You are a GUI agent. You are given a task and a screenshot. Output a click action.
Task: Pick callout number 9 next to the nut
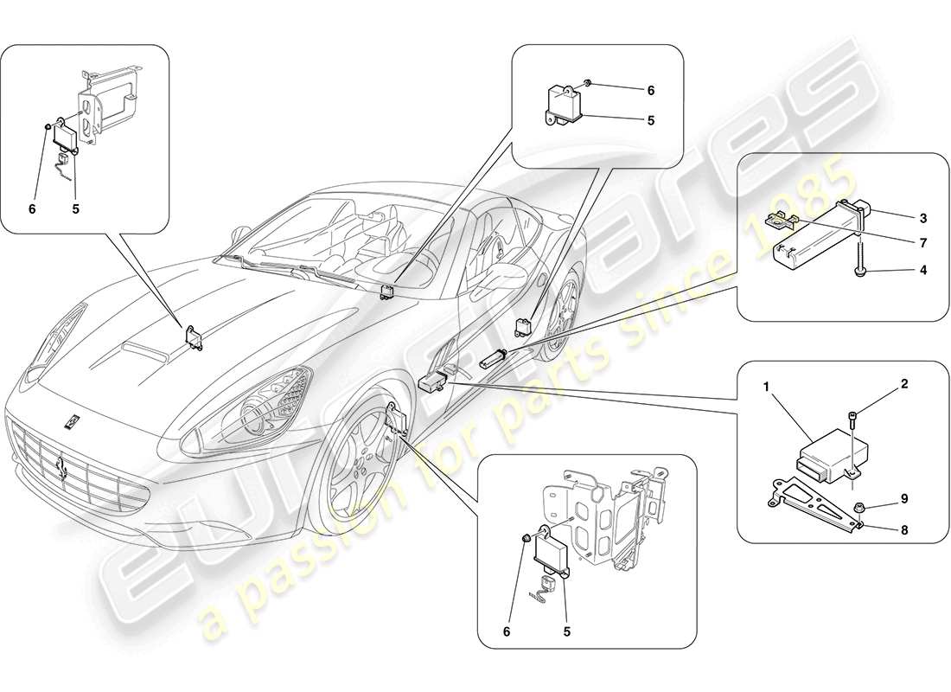tap(904, 499)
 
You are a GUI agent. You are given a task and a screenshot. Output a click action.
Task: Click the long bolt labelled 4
tap(862, 259)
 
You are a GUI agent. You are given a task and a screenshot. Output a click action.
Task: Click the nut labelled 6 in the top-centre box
tap(588, 83)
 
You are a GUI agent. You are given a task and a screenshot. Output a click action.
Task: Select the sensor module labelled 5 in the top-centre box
tap(562, 101)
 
